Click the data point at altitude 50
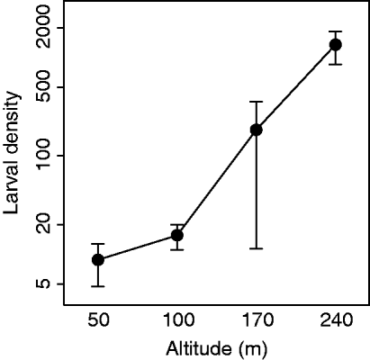click(98, 259)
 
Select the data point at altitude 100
click(177, 235)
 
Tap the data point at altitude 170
click(257, 130)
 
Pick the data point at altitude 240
click(336, 44)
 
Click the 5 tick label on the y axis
click(48, 283)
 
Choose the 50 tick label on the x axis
click(98, 321)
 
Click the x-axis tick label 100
click(177, 321)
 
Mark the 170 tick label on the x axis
click(257, 321)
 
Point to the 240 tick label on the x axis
click(336, 321)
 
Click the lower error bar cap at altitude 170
click(257, 248)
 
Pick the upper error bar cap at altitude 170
click(257, 102)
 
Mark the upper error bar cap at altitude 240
click(336, 31)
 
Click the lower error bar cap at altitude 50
click(98, 286)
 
